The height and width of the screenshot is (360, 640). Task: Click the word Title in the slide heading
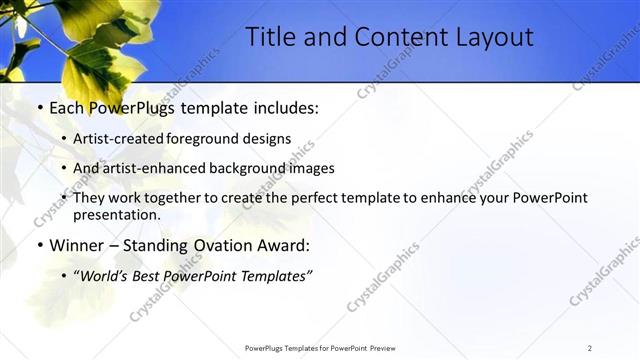(x=269, y=38)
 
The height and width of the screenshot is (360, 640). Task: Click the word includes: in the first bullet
(x=282, y=106)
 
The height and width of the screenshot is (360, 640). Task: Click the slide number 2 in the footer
(x=590, y=348)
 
